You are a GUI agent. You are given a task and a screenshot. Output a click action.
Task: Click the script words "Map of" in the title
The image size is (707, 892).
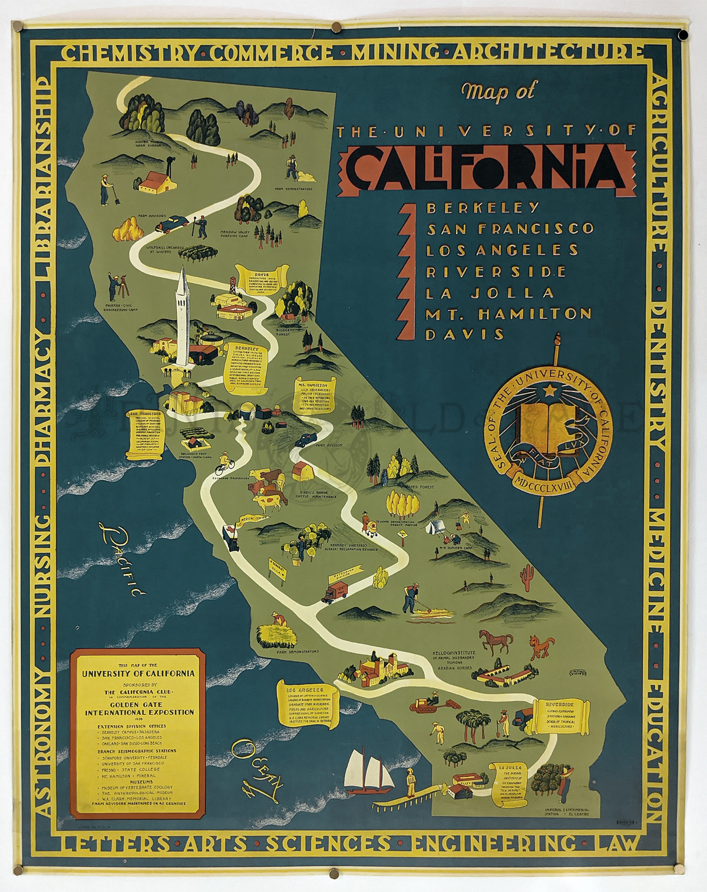click(x=499, y=91)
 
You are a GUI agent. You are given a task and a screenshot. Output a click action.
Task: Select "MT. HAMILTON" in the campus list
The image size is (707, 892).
click(x=508, y=314)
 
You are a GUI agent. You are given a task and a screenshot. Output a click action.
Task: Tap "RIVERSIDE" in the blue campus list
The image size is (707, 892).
click(x=496, y=271)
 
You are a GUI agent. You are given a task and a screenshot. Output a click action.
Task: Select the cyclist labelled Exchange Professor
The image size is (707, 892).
click(x=224, y=463)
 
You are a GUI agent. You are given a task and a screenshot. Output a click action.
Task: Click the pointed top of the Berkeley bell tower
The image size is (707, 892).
click(x=183, y=271)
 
